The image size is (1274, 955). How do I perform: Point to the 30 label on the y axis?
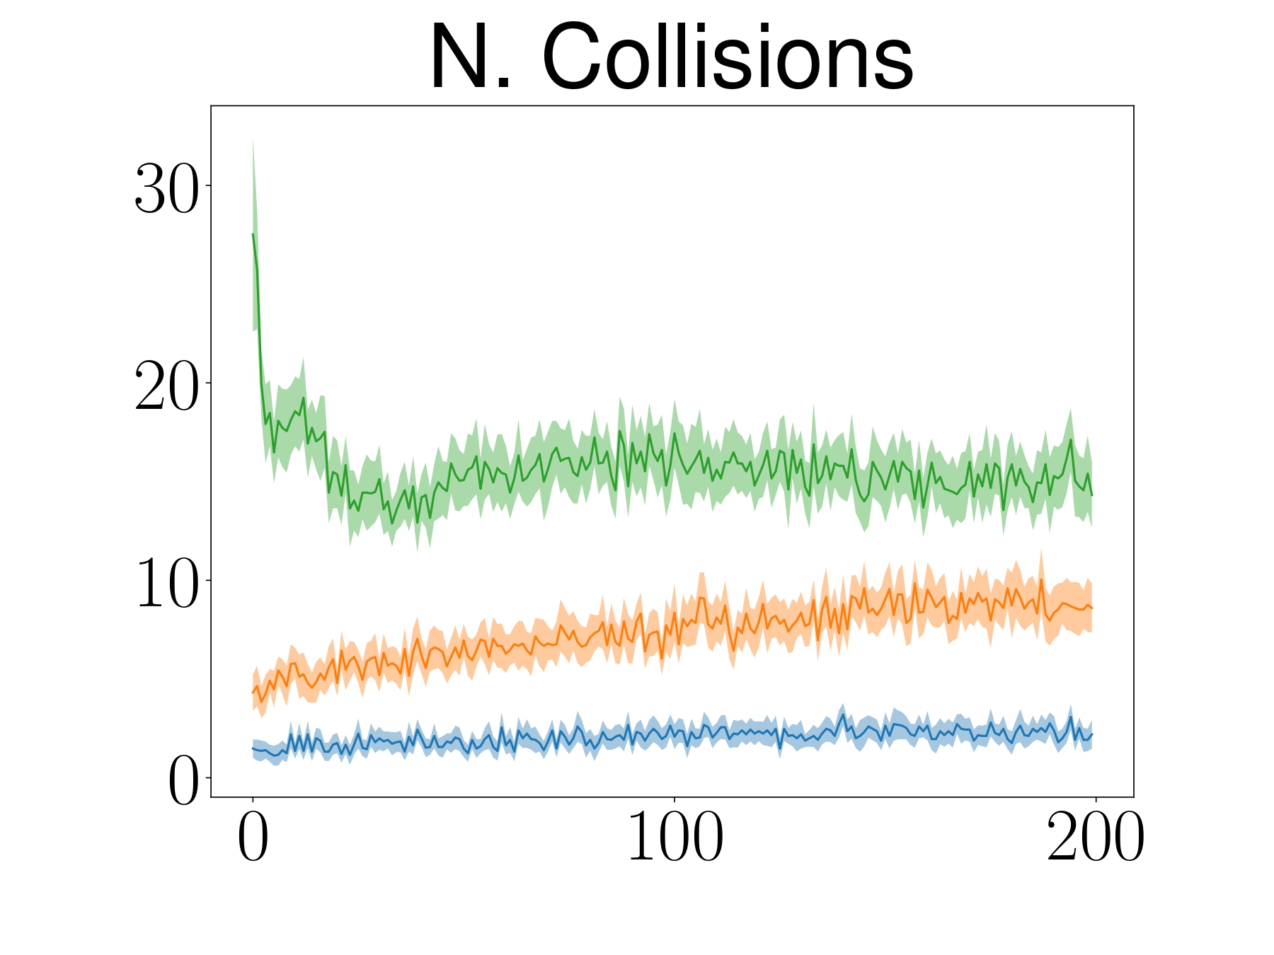point(166,187)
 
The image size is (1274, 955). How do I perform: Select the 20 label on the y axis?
point(166,385)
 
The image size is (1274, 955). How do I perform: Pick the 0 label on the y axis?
point(182,780)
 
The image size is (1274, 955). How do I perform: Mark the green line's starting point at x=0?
point(253,234)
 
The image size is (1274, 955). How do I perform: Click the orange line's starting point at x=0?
point(253,693)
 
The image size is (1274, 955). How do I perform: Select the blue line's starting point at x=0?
point(253,748)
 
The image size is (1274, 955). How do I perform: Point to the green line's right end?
point(1092,494)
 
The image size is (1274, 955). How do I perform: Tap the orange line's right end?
point(1092,608)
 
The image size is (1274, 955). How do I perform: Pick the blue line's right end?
point(1092,734)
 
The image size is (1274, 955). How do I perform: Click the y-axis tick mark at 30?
point(207,185)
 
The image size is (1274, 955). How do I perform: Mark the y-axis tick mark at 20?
point(207,383)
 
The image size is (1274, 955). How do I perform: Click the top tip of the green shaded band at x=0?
point(253,139)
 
